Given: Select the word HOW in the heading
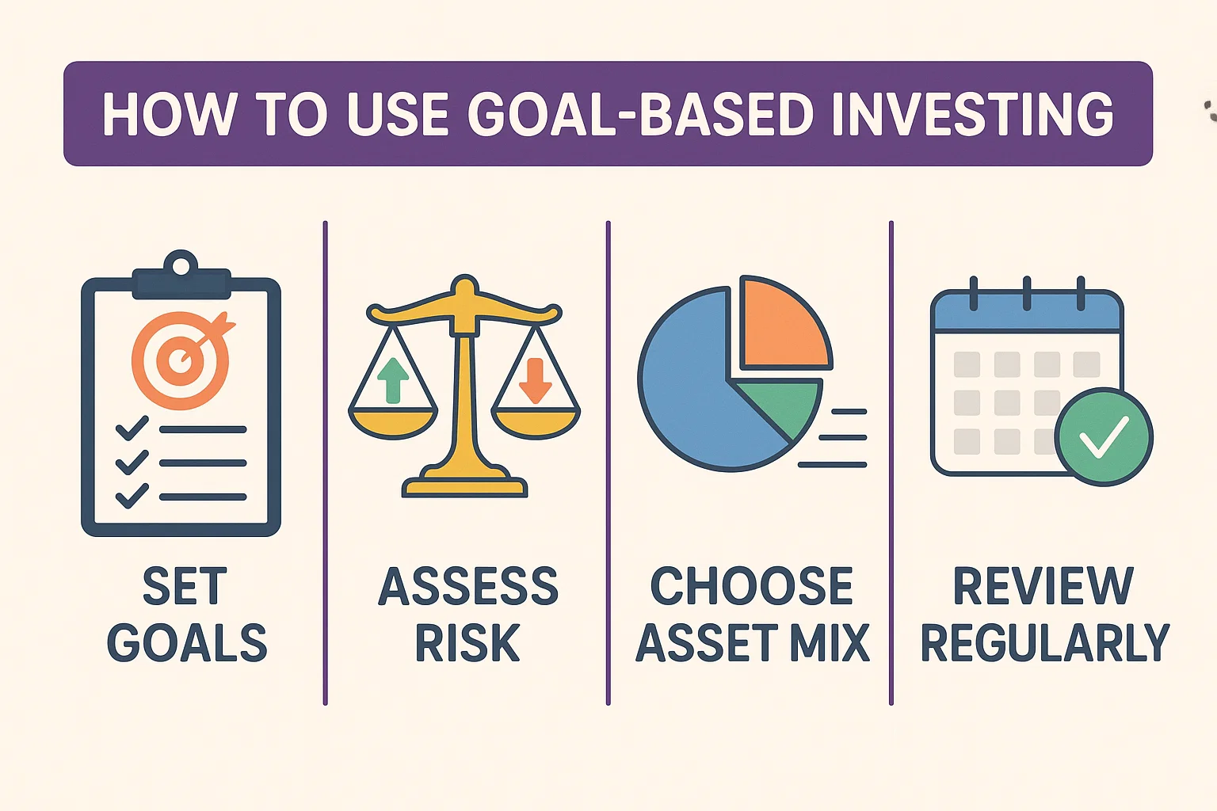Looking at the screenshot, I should click(x=170, y=114).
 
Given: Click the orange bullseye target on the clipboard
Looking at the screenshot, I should click(x=181, y=360).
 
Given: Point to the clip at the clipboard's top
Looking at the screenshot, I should click(x=181, y=276).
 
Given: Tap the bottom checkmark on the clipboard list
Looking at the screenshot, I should click(x=132, y=497).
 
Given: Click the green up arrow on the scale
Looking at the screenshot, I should click(x=393, y=379).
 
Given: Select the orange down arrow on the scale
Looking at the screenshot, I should click(x=535, y=380).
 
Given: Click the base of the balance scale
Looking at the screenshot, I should click(x=464, y=485).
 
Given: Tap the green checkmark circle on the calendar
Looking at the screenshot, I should click(x=1103, y=436).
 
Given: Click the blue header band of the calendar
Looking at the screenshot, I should click(x=1027, y=315).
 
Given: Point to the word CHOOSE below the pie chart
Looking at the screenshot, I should click(x=751, y=586).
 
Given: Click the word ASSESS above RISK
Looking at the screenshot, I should click(x=467, y=586).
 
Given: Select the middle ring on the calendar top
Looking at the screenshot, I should click(x=1027, y=293).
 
